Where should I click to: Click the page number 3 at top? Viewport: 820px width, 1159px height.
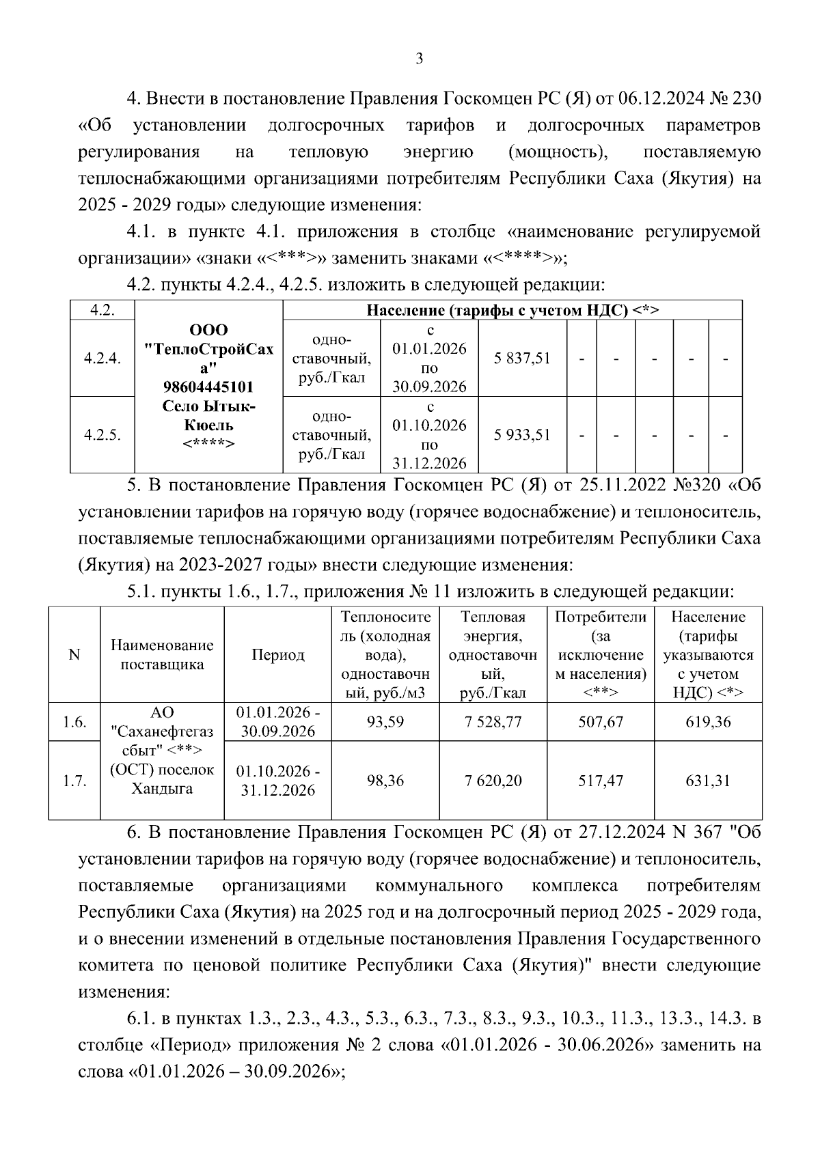419,59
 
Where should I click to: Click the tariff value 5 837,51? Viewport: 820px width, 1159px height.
522,358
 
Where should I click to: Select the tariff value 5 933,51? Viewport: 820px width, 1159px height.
522,435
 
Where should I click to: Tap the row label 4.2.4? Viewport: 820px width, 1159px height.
102,358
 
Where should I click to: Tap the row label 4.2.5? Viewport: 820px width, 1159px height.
102,435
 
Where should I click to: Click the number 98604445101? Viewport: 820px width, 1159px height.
208,387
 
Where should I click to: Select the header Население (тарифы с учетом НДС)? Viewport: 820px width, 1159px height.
512,310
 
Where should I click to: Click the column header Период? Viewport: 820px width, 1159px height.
277,655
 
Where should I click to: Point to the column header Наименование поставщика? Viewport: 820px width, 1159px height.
162,655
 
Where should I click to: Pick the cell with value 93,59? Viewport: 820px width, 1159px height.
385,722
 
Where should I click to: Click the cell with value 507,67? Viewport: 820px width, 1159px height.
601,722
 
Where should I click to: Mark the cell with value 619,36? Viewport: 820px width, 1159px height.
708,722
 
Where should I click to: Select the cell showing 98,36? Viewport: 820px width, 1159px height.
385,781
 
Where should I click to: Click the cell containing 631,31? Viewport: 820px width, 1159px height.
708,781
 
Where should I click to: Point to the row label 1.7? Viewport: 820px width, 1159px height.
74,781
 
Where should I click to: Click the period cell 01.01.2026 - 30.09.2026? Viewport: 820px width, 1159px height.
277,722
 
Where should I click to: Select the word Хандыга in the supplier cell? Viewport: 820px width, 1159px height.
162,789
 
